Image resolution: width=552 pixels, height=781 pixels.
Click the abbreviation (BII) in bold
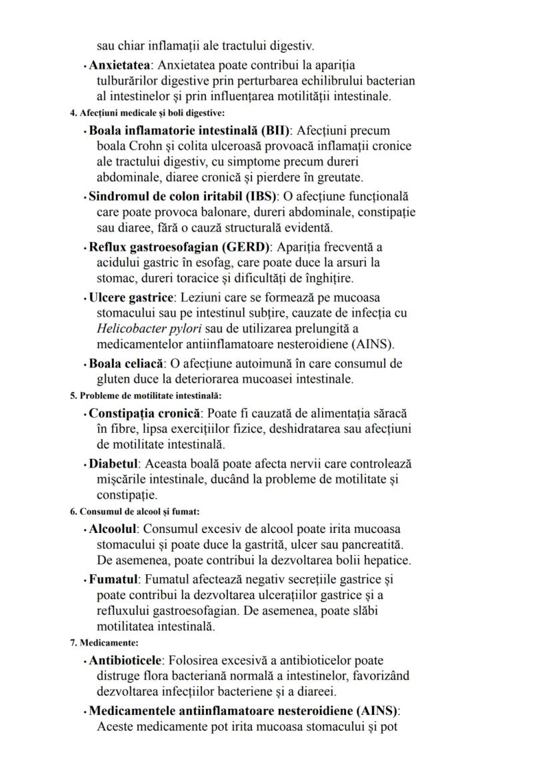click(278, 130)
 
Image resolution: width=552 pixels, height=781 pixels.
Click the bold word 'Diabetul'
click(114, 464)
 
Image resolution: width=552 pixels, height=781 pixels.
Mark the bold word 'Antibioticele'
click(125, 661)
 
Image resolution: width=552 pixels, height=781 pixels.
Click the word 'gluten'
click(114, 379)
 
